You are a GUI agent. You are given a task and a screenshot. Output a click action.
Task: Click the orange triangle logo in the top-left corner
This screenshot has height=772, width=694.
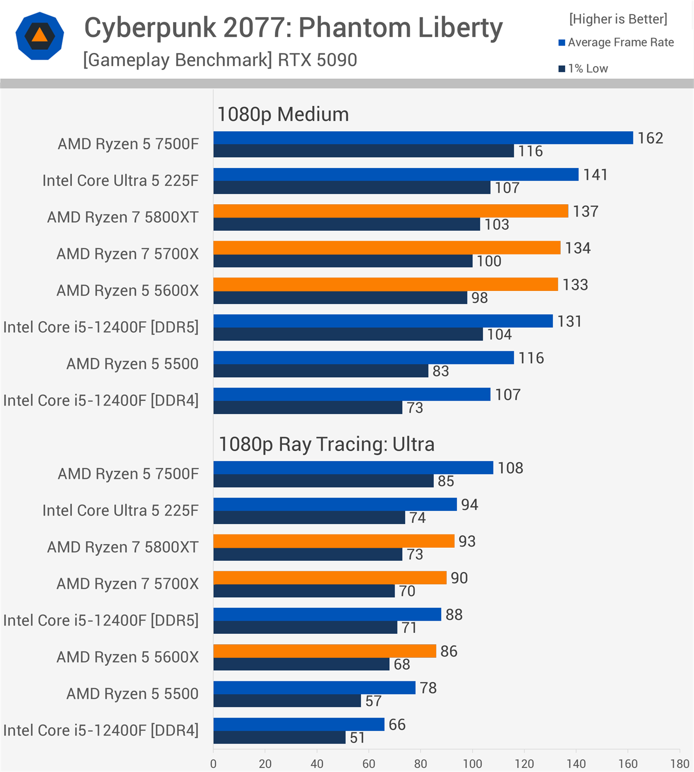[x=40, y=36]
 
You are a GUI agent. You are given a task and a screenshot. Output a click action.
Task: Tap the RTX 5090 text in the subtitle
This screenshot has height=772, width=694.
[x=317, y=60]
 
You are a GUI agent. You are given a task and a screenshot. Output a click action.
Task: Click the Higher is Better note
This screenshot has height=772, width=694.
[x=618, y=19]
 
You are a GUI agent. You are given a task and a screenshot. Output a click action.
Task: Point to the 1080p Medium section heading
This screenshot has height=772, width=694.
[x=283, y=114]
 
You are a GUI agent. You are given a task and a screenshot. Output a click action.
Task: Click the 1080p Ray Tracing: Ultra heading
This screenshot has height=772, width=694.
[x=326, y=444]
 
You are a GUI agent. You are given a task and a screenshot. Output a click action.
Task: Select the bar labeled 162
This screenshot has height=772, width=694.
[x=422, y=138]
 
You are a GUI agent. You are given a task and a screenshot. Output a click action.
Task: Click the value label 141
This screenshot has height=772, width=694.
[x=595, y=174]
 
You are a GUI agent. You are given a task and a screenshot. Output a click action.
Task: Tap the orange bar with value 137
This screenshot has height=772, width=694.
[x=390, y=211]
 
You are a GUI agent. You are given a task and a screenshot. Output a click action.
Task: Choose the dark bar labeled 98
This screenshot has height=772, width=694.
[x=340, y=298]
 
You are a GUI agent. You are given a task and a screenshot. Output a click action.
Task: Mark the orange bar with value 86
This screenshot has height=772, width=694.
[x=324, y=651]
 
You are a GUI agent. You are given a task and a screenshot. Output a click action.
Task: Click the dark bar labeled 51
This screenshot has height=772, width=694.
[x=279, y=738]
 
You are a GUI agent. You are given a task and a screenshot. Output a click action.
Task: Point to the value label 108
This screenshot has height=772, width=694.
[x=510, y=468]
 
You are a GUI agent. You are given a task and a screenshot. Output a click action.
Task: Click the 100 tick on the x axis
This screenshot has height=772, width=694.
[x=472, y=763]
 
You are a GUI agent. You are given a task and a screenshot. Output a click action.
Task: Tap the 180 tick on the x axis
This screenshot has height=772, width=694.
[x=679, y=763]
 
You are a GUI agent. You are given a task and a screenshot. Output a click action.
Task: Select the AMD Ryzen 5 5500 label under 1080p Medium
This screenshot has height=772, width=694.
[x=132, y=364]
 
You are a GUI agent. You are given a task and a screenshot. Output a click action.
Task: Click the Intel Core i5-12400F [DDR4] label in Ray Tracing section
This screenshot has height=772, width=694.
[x=101, y=730]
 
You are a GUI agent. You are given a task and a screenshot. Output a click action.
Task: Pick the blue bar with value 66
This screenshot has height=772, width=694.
[x=298, y=724]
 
